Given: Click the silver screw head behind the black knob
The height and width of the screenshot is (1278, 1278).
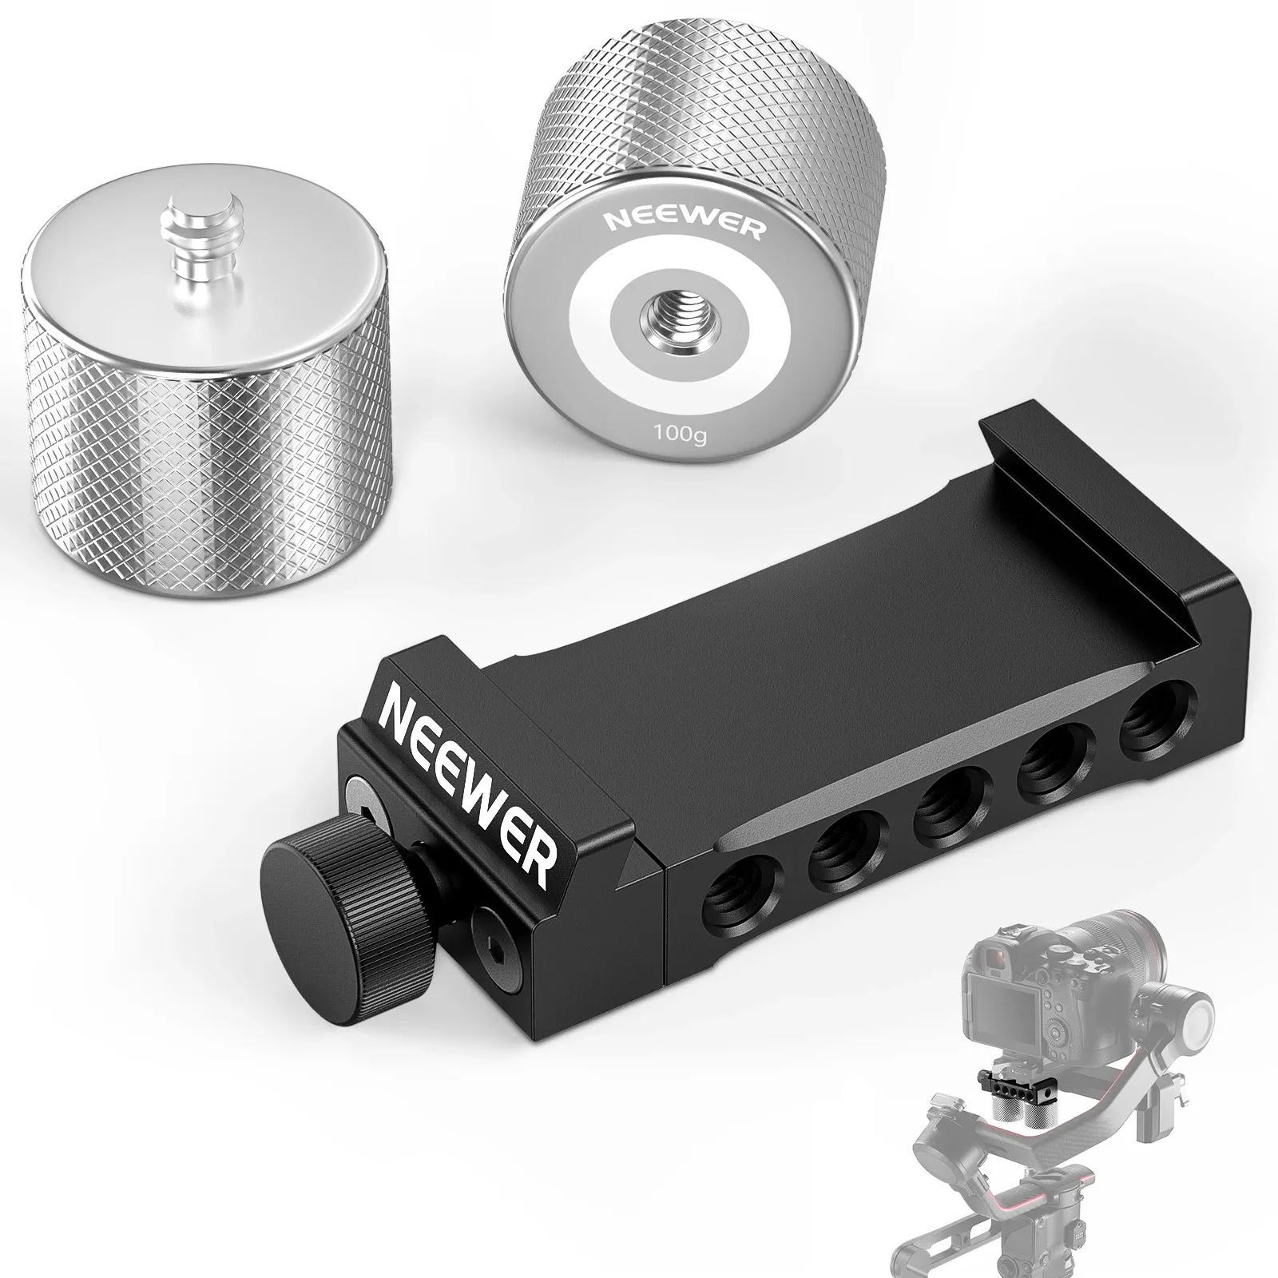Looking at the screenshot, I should point(357,815).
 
